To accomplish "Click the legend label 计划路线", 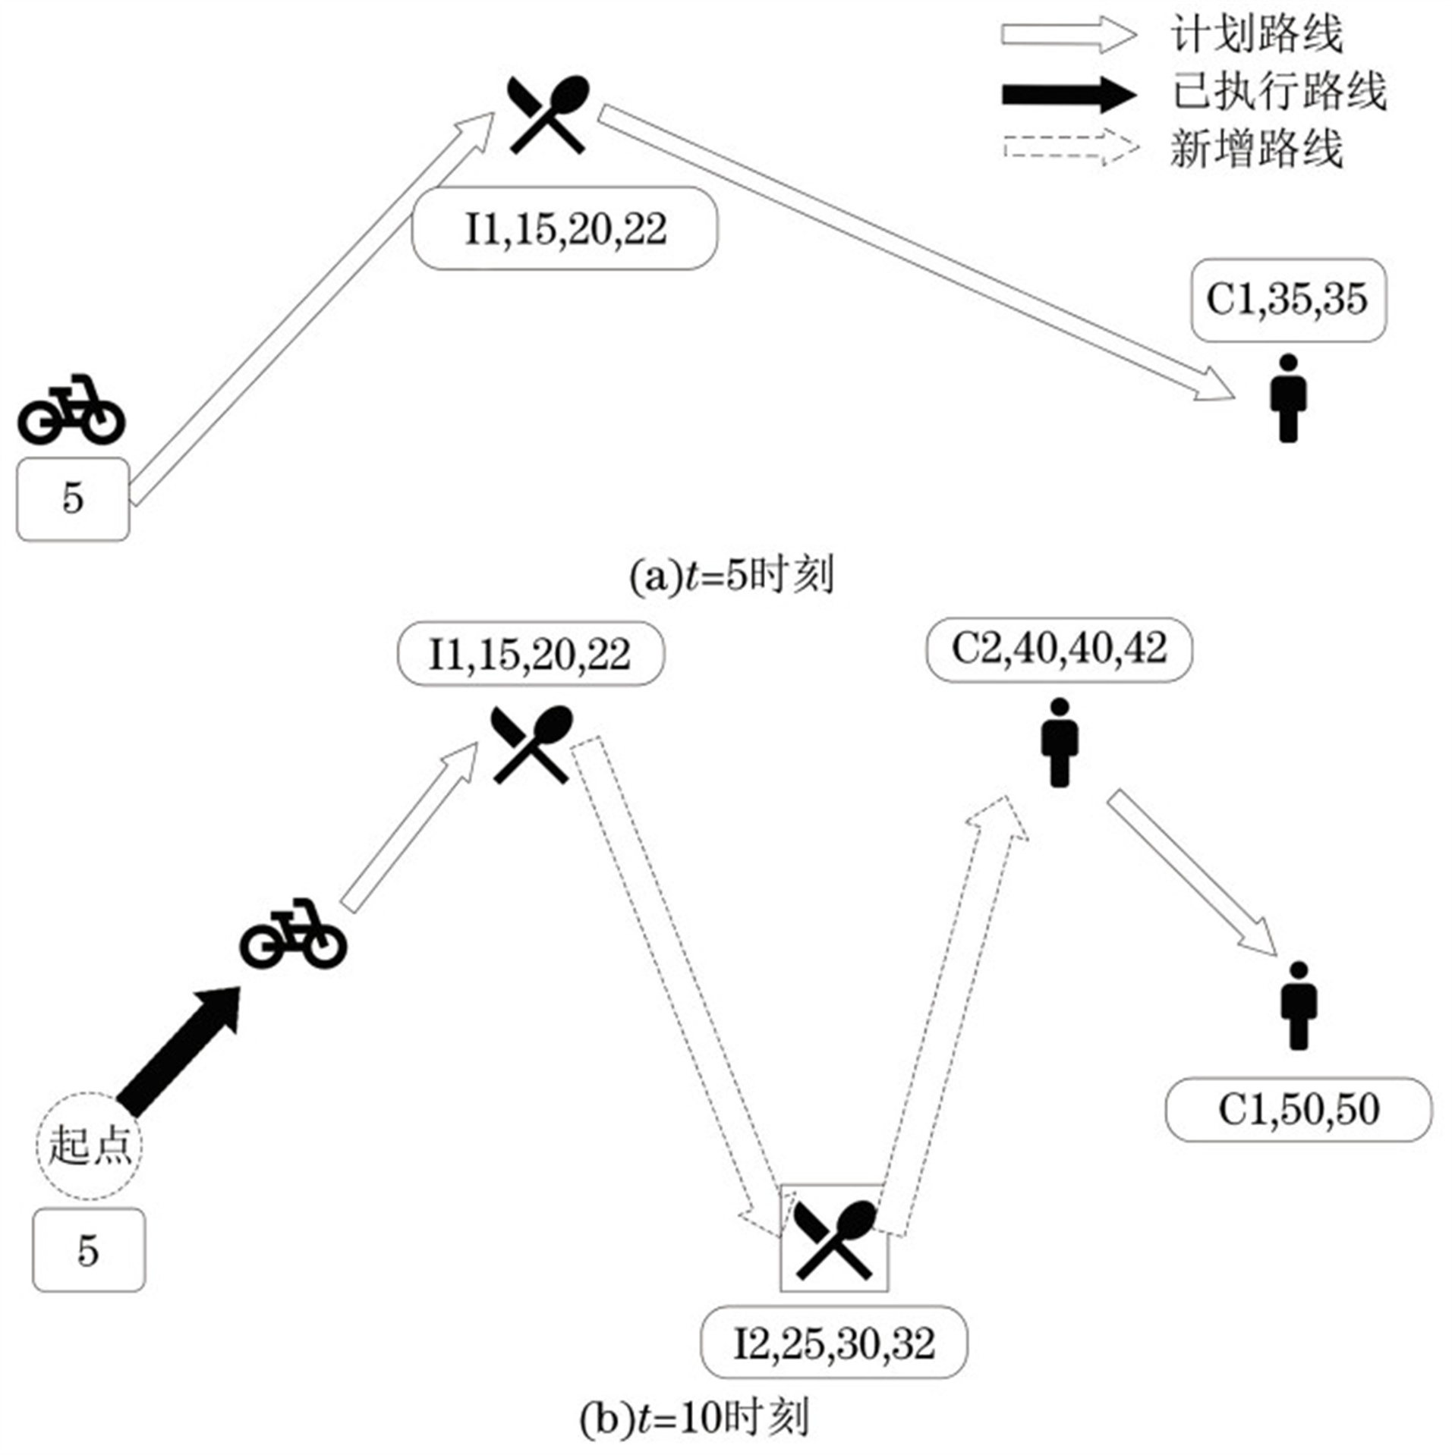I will pos(1256,35).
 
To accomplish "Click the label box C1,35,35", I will pos(1288,300).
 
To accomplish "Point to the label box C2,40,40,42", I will pos(1059,649).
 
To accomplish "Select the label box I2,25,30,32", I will pos(833,1345).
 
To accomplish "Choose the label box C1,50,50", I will pos(1299,1110).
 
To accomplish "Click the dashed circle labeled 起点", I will pos(90,1145).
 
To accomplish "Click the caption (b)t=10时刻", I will pos(694,1416).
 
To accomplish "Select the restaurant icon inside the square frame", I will pos(834,1238).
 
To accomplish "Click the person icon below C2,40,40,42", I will pos(1060,742).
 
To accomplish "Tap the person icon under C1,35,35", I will pos(1288,398).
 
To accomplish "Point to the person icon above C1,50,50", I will pos(1299,1005).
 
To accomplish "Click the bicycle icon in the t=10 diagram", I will pos(294,934).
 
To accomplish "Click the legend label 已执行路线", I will pos(1279,92).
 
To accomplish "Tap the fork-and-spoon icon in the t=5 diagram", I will pos(548,115).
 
